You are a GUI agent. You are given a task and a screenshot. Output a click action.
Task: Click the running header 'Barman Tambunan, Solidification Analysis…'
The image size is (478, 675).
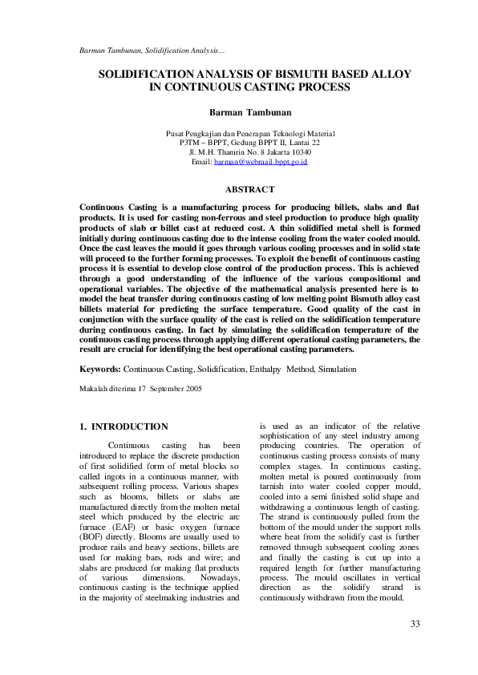[x=151, y=51]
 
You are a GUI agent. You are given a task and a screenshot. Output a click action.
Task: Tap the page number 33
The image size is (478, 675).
[x=415, y=624]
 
